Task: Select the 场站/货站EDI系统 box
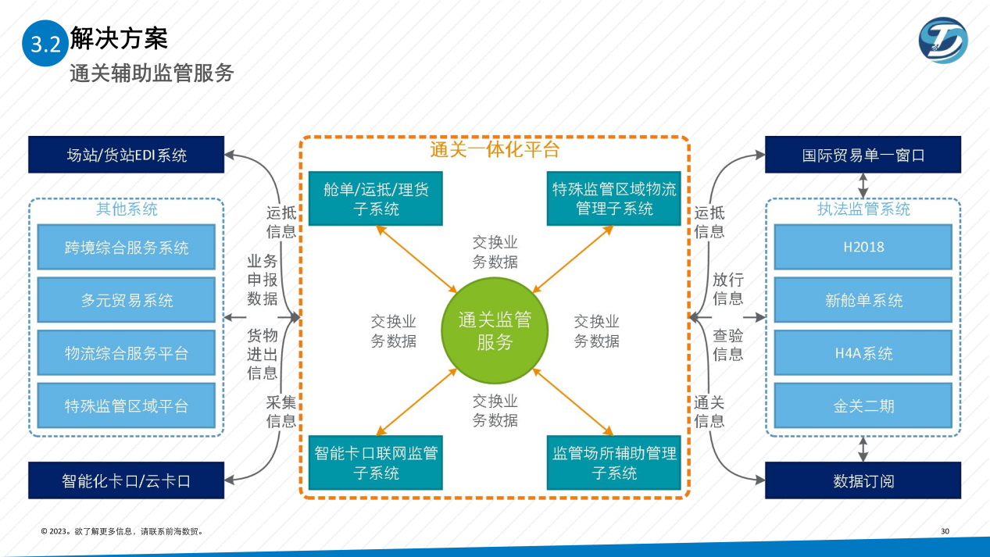(x=127, y=155)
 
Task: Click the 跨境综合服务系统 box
(x=127, y=248)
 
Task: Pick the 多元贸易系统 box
(x=127, y=301)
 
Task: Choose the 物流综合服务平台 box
(x=127, y=353)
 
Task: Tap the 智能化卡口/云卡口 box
(x=127, y=480)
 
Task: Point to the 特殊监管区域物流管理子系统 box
(x=614, y=198)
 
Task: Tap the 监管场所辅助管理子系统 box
(x=614, y=462)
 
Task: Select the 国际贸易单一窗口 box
(x=863, y=155)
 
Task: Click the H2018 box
(x=863, y=247)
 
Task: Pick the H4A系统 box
(x=863, y=353)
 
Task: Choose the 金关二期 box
(x=863, y=406)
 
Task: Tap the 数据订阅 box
(x=863, y=480)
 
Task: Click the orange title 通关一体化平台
(x=495, y=149)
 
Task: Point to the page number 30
(x=945, y=532)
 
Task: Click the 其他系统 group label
(x=127, y=209)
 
